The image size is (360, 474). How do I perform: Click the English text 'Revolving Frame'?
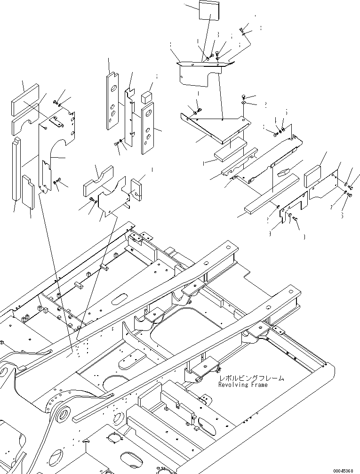[242, 385]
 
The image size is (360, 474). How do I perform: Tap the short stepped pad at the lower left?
[28, 192]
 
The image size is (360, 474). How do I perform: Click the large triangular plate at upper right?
[216, 127]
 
